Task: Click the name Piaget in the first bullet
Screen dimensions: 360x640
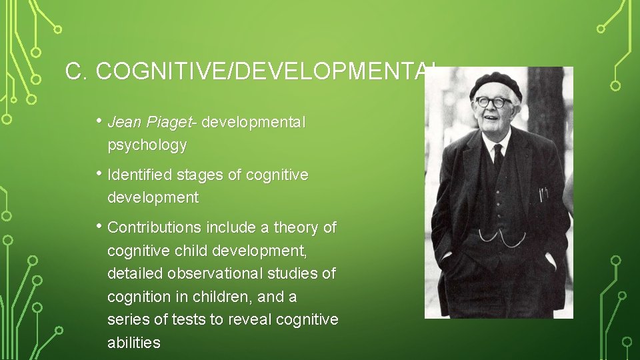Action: point(165,123)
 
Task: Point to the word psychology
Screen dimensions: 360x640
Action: point(147,145)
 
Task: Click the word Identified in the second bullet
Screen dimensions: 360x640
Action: point(139,175)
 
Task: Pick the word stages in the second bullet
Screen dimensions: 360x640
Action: point(196,175)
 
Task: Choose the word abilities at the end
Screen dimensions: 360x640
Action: point(134,343)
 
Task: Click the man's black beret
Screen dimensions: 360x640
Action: point(495,83)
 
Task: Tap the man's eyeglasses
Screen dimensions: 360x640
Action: point(493,102)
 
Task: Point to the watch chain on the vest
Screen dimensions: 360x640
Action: point(497,237)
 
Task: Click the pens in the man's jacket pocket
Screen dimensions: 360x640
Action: point(543,195)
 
